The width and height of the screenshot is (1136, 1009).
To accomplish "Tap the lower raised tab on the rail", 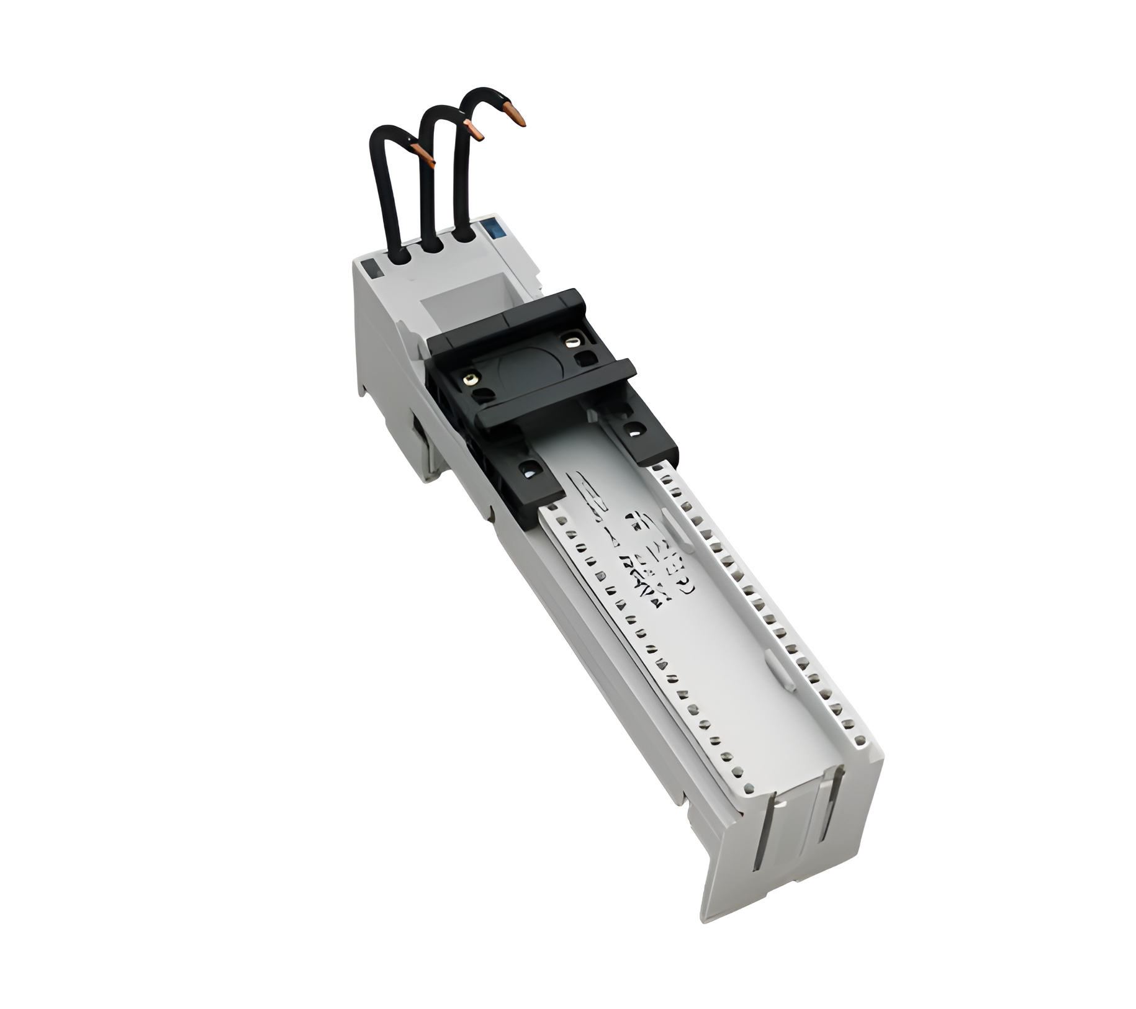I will (x=783, y=671).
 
